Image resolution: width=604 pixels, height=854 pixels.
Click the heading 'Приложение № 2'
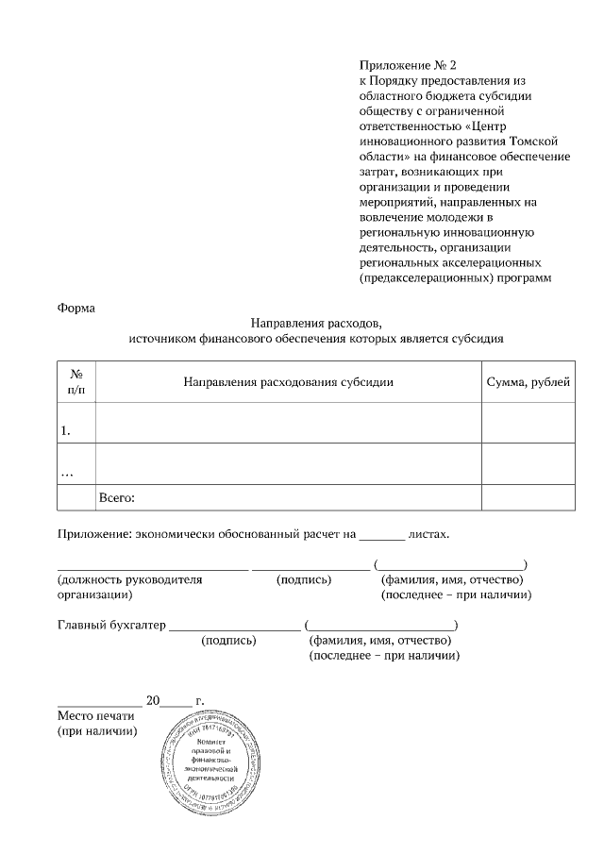pyautogui.click(x=407, y=65)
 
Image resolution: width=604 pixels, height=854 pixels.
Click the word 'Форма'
pyautogui.click(x=76, y=307)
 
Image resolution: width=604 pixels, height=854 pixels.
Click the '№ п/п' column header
pyautogui.click(x=76, y=381)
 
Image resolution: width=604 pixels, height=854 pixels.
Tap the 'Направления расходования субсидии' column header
pyautogui.click(x=288, y=381)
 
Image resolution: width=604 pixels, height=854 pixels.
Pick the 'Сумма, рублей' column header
pyautogui.click(x=528, y=381)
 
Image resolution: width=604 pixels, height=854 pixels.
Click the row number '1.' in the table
pyautogui.click(x=67, y=430)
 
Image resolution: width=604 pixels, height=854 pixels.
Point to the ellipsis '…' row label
pyautogui.click(x=67, y=471)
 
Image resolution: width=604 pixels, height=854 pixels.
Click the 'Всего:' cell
pyautogui.click(x=118, y=497)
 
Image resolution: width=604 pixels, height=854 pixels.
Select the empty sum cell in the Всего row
pyautogui.click(x=528, y=497)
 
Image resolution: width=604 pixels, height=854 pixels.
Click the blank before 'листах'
pyautogui.click(x=381, y=534)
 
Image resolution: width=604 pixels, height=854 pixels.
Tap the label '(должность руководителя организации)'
pyautogui.click(x=130, y=588)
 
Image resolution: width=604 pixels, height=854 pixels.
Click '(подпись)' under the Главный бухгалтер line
pyautogui.click(x=229, y=641)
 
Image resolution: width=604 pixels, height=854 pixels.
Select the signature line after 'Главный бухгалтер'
pyautogui.click(x=234, y=627)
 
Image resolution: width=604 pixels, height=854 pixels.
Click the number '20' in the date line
pyautogui.click(x=153, y=701)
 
